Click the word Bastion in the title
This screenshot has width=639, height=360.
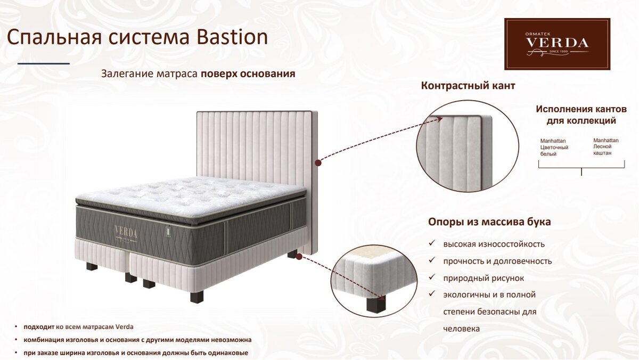[x=232, y=37]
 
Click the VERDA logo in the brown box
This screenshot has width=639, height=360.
[x=557, y=44]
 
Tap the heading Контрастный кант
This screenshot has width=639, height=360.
[x=468, y=86]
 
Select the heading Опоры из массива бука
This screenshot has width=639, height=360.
[x=489, y=222]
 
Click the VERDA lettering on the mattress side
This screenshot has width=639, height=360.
[x=126, y=232]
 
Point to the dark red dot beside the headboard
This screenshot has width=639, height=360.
[x=318, y=163]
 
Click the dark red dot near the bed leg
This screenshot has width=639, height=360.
[x=299, y=257]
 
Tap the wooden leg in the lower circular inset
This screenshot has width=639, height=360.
[x=376, y=304]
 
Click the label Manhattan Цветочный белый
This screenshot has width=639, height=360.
[x=554, y=148]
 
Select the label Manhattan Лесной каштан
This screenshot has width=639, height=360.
[x=606, y=146]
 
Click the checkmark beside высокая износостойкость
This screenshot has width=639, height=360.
[x=432, y=243]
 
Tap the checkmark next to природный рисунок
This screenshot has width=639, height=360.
[x=432, y=277]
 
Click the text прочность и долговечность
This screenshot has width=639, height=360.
[x=497, y=261]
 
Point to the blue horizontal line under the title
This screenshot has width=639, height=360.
[x=44, y=63]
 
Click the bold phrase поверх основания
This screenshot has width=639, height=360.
[x=248, y=74]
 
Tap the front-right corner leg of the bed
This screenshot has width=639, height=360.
[x=197, y=297]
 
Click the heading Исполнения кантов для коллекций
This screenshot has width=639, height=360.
[x=581, y=114]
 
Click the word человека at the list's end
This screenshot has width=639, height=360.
[x=461, y=329]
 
